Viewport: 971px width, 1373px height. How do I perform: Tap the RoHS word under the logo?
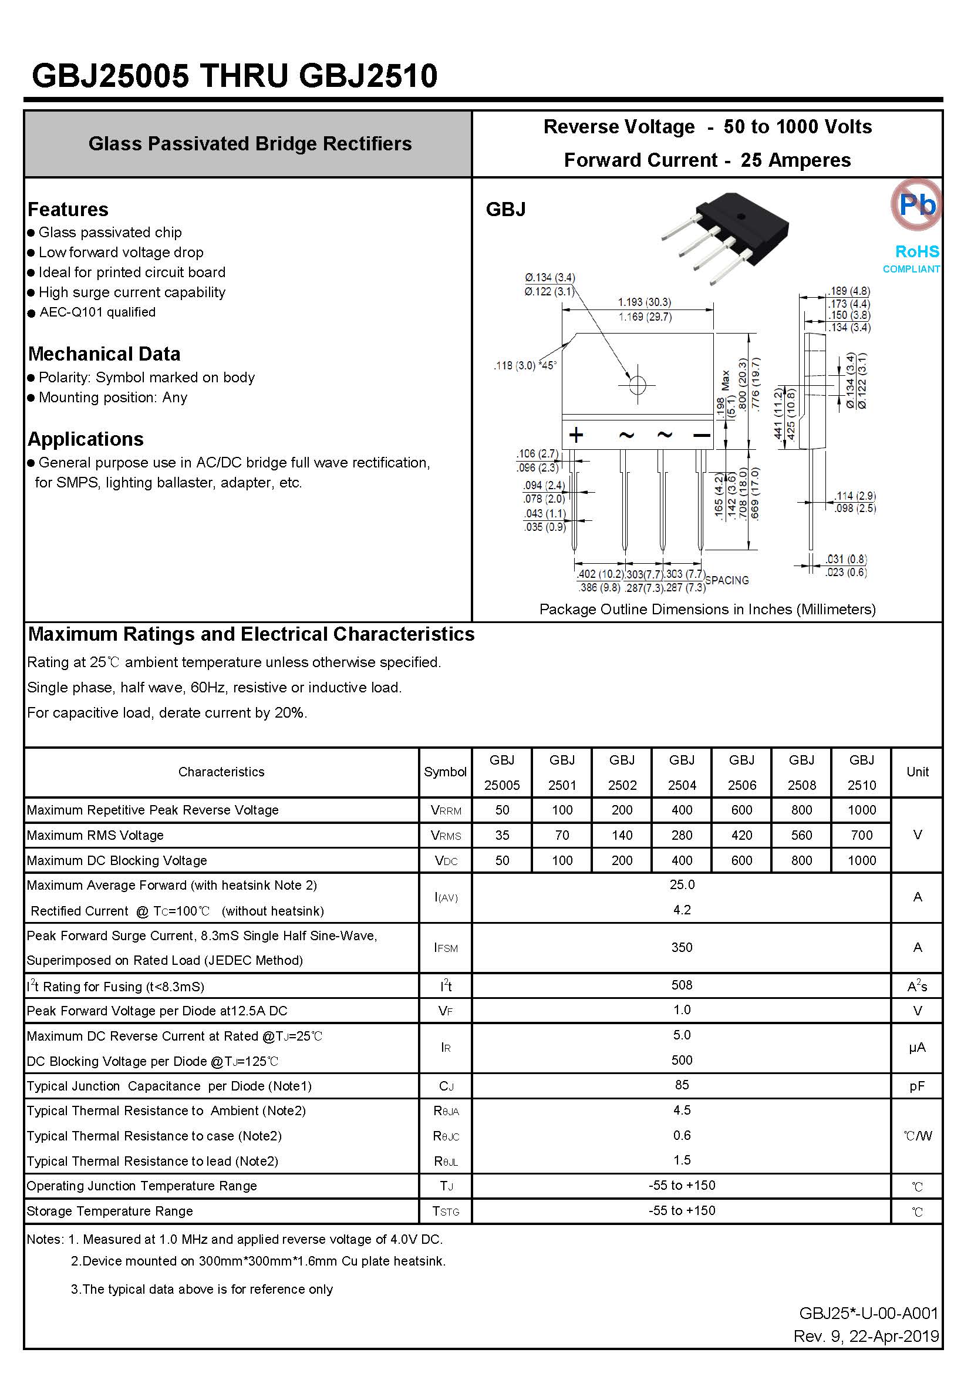pos(916,251)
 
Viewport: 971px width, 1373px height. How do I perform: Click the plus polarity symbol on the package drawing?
pos(576,435)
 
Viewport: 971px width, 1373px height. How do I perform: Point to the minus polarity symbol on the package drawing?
pos(702,435)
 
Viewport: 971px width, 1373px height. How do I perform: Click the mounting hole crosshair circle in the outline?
pos(638,385)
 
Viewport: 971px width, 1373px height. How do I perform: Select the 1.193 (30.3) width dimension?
pos(644,302)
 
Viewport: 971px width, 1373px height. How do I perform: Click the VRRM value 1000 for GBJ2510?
pos(861,810)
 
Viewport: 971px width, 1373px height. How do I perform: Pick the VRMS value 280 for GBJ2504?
pos(682,835)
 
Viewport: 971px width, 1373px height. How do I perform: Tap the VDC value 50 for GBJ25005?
pos(503,860)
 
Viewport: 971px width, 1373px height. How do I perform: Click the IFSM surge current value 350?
pos(682,947)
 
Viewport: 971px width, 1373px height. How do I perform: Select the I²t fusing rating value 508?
pos(682,985)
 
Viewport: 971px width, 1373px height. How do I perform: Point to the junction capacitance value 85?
pos(682,1085)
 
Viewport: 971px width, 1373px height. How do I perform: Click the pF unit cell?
pos(916,1086)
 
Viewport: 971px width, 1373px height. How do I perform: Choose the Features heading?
pos(68,209)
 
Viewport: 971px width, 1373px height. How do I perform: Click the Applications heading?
pos(86,439)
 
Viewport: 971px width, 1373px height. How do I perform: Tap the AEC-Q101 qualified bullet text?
pos(97,312)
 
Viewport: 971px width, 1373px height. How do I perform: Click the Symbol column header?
pos(445,772)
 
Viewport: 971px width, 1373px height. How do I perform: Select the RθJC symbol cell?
pos(446,1136)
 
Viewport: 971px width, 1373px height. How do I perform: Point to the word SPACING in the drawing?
pos(726,580)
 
